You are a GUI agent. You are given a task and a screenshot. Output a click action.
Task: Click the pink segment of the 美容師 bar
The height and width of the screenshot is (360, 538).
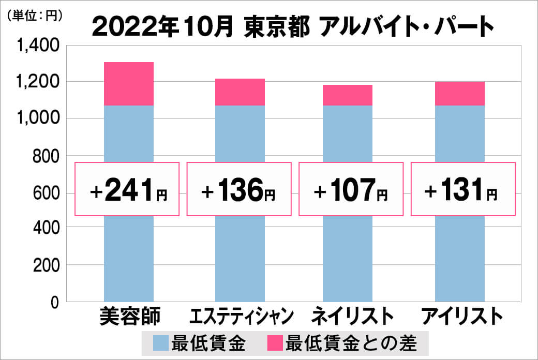[x=129, y=84]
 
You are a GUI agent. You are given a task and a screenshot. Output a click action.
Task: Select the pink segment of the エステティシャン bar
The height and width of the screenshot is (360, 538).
[x=240, y=92]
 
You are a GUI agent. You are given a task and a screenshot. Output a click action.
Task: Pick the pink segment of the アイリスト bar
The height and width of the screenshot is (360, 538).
[x=459, y=94]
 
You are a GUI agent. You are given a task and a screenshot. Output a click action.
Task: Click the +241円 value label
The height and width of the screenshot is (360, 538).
[x=128, y=189]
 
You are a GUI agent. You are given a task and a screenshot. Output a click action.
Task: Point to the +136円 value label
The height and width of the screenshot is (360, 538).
[x=239, y=189]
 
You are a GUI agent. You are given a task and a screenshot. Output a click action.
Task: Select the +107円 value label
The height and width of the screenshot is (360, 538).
[x=351, y=189]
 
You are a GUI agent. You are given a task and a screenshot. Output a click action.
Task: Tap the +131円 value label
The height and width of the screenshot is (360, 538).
[x=463, y=189]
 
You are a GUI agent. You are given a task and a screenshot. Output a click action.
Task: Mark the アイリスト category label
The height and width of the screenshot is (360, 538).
[x=462, y=316]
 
